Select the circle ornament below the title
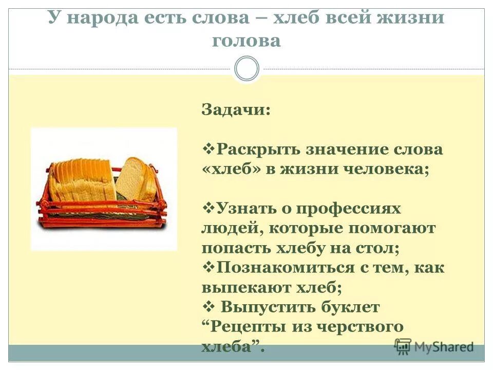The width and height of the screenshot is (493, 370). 246,69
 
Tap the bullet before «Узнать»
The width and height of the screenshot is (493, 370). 209,207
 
